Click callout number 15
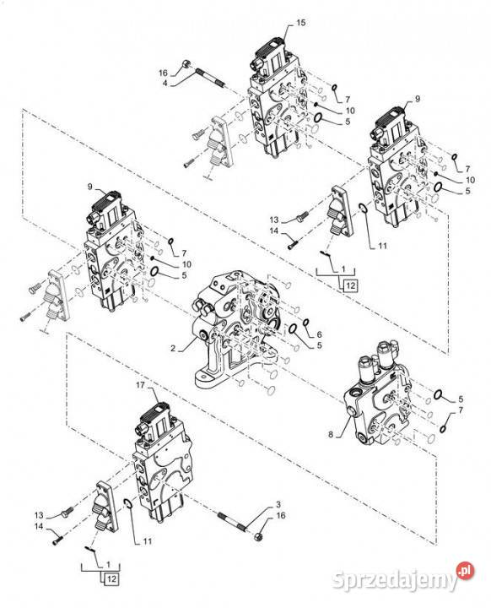(301, 23)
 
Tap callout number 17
(140, 385)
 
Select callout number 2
(173, 349)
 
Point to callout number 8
(331, 434)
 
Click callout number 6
(319, 334)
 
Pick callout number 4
(165, 83)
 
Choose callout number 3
(278, 504)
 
